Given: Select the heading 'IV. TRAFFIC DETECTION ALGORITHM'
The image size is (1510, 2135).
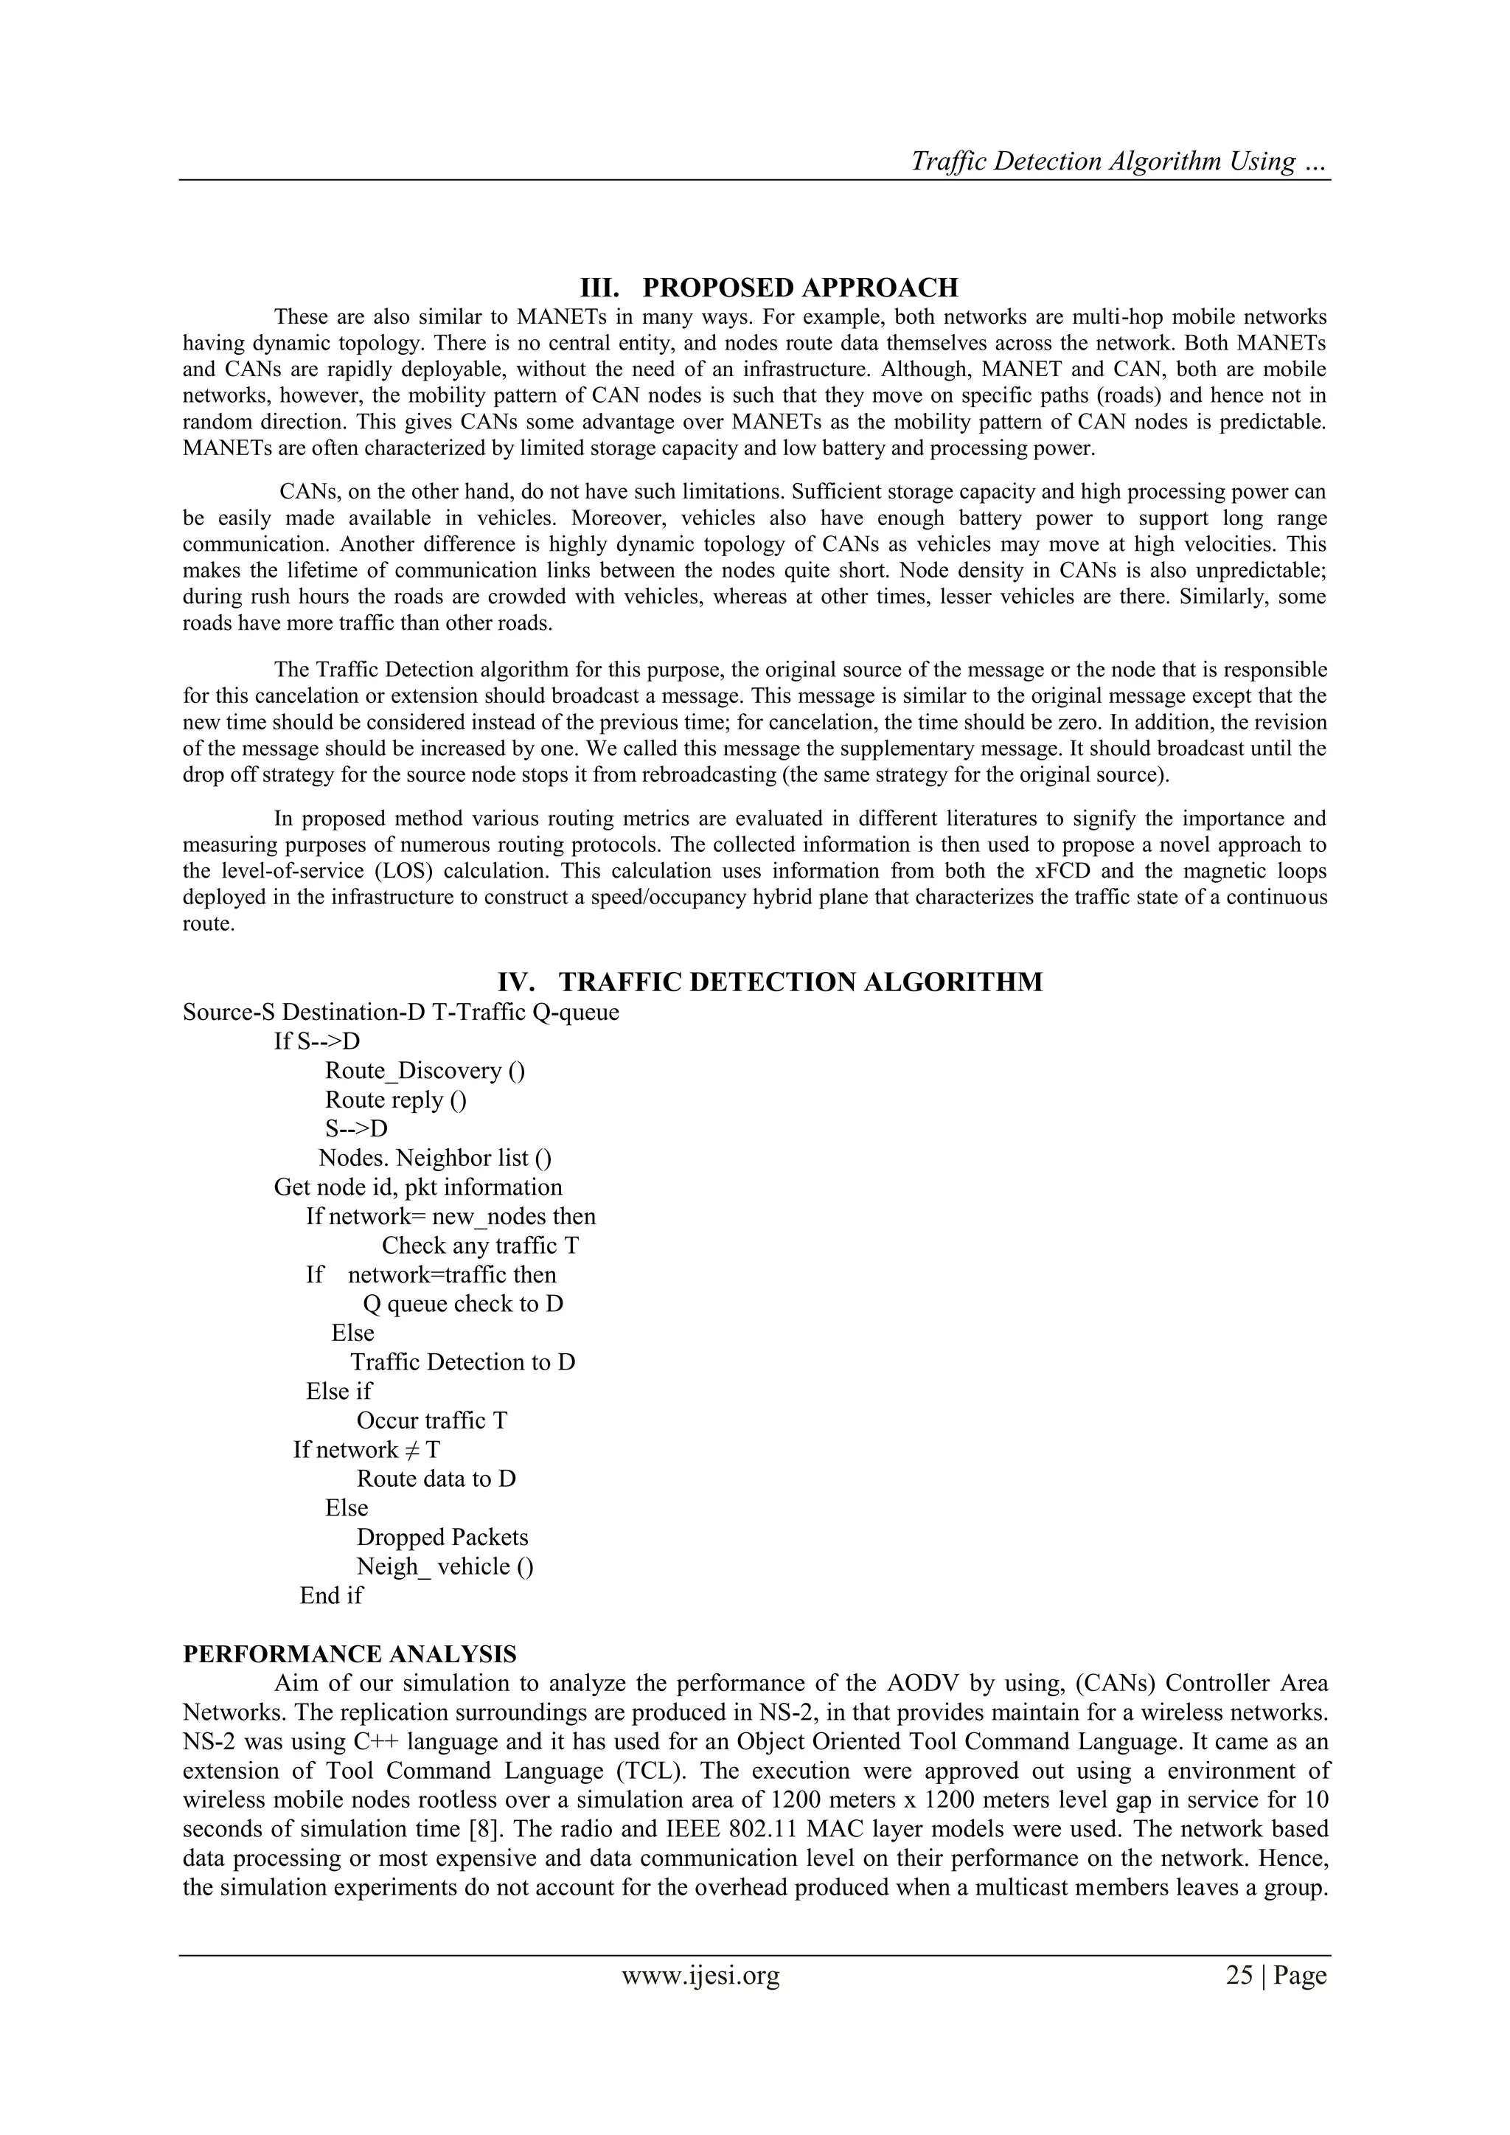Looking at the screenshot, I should pyautogui.click(x=770, y=982).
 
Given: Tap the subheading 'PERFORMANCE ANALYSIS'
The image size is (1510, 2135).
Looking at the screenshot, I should pyautogui.click(x=349, y=1654).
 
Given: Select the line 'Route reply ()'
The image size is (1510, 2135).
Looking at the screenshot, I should pyautogui.click(x=396, y=1100).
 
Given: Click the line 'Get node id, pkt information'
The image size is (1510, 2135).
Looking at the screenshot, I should pyautogui.click(x=417, y=1187).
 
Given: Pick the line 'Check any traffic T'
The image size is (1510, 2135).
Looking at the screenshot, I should pyautogui.click(x=480, y=1246).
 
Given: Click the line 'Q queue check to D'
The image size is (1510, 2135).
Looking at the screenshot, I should pyautogui.click(x=463, y=1305).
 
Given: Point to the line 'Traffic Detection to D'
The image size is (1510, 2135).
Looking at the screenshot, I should pyautogui.click(x=463, y=1362).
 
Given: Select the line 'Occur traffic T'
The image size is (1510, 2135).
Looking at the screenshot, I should pyautogui.click(x=431, y=1421).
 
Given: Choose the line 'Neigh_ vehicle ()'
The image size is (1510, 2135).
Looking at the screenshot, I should pyautogui.click(x=445, y=1567).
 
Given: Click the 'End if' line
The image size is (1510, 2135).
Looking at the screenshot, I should pyautogui.click(x=331, y=1597).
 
